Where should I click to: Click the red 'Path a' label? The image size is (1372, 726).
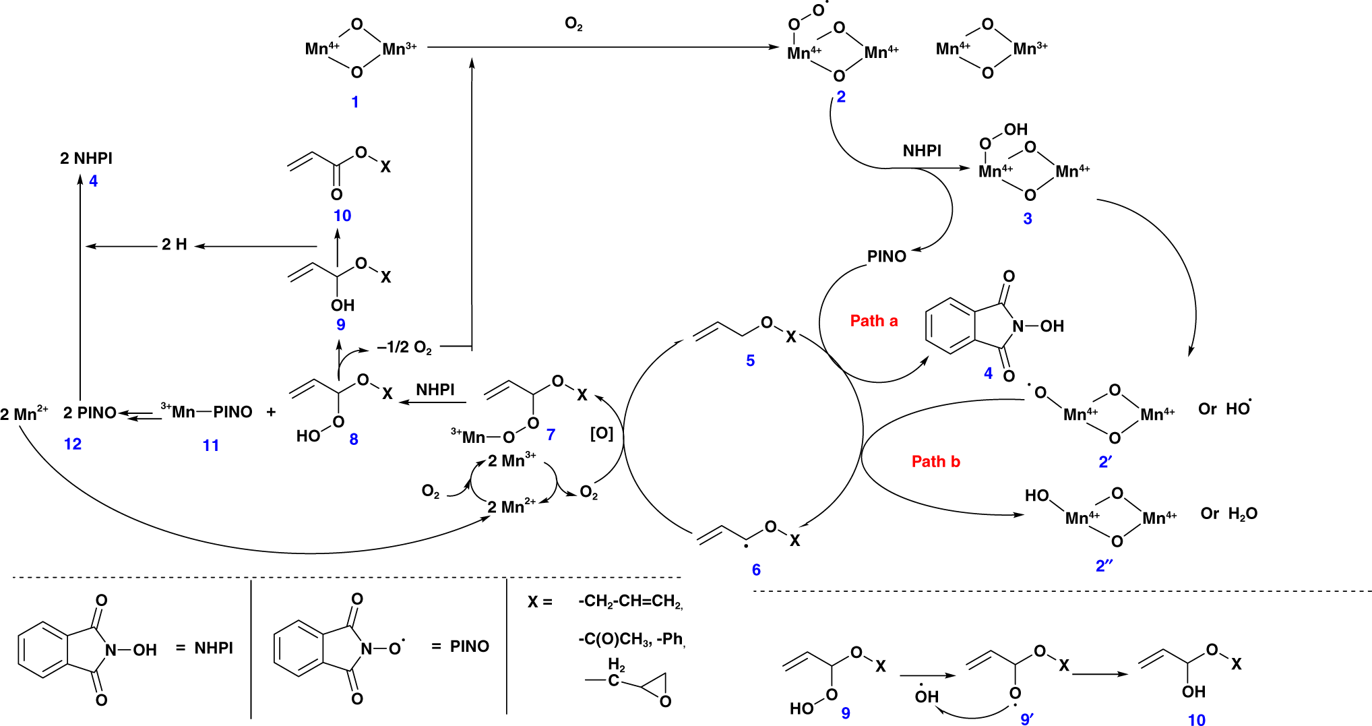(873, 321)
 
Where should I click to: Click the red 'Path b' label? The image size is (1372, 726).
(935, 462)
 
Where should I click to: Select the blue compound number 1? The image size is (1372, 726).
(355, 102)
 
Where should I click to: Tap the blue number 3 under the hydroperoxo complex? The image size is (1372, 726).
(1027, 219)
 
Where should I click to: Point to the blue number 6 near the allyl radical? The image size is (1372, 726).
(756, 570)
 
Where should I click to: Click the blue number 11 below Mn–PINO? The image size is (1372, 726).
(211, 446)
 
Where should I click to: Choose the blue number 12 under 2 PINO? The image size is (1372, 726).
(73, 444)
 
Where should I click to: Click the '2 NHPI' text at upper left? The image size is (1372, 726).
(86, 158)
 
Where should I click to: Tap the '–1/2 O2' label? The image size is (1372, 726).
(404, 348)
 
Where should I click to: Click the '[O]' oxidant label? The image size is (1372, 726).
(601, 433)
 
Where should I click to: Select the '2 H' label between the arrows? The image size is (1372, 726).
(174, 245)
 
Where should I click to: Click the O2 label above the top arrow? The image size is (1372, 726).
(573, 25)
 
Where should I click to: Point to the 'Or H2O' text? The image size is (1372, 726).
(1228, 514)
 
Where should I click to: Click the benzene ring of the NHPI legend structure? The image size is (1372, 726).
(42, 650)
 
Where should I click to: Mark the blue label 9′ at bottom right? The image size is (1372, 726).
(1027, 719)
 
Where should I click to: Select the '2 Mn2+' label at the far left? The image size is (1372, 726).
(24, 414)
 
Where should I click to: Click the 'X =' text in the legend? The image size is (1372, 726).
(540, 602)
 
